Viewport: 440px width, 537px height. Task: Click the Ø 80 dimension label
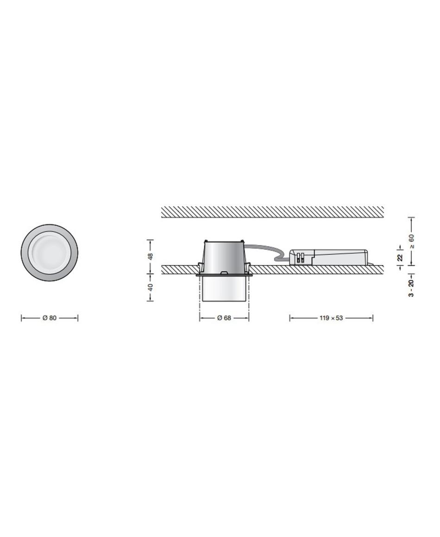point(50,318)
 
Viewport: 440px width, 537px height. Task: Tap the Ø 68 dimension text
point(224,318)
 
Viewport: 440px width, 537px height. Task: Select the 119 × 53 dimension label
point(331,318)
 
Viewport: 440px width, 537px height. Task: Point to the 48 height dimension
point(150,256)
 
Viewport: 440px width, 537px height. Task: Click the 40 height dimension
point(150,287)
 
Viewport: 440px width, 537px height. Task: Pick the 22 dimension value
point(400,257)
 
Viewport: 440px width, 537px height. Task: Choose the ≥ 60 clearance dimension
point(412,242)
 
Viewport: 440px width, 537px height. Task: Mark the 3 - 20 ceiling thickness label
point(412,287)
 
